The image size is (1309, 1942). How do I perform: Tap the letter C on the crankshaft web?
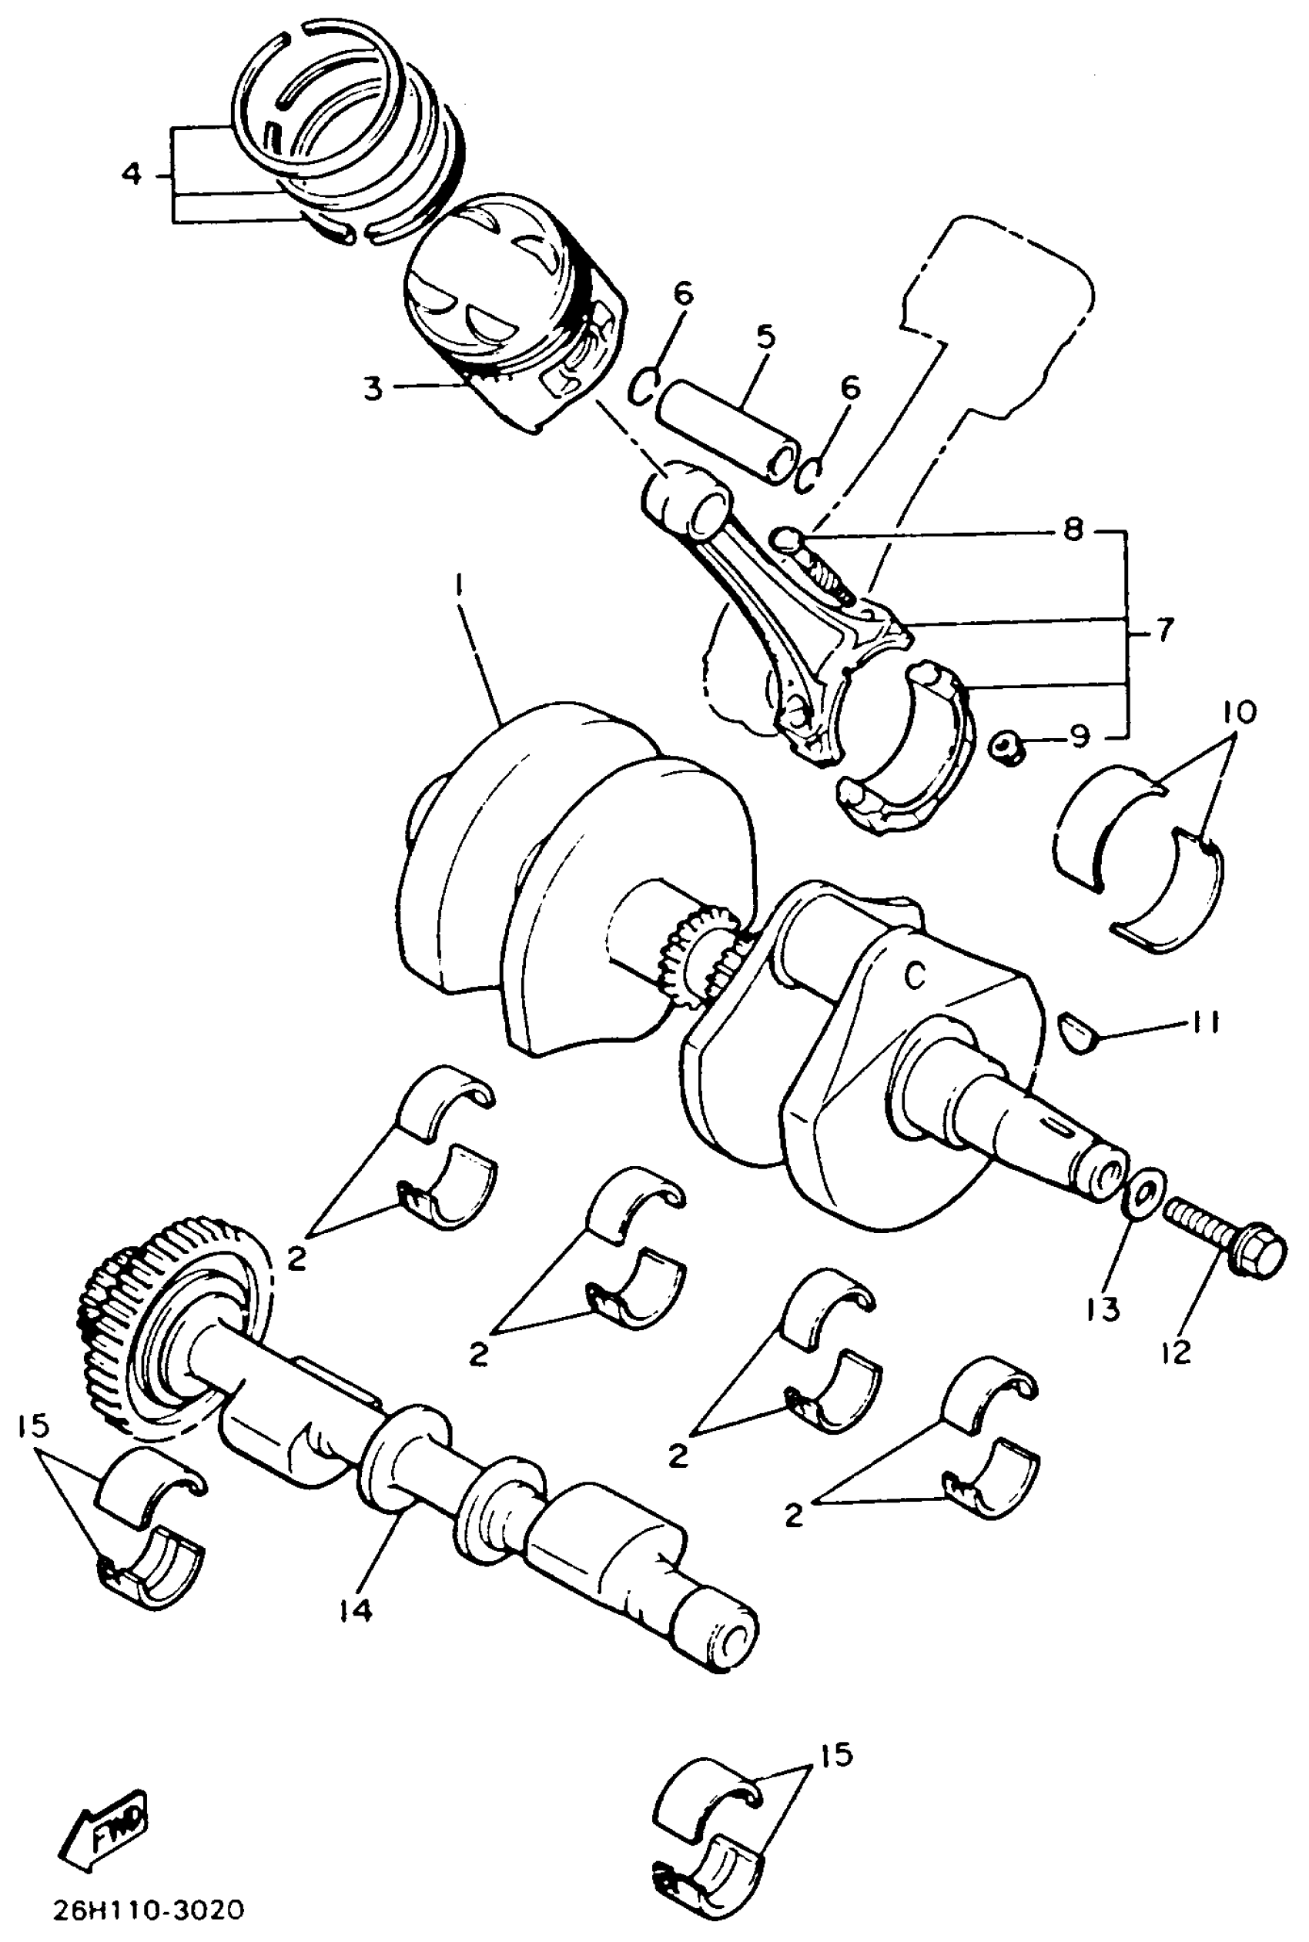(916, 974)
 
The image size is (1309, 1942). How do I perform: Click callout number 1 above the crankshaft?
(458, 587)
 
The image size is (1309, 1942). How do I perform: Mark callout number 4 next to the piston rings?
(132, 175)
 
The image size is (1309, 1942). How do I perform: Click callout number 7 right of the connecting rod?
(1163, 628)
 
